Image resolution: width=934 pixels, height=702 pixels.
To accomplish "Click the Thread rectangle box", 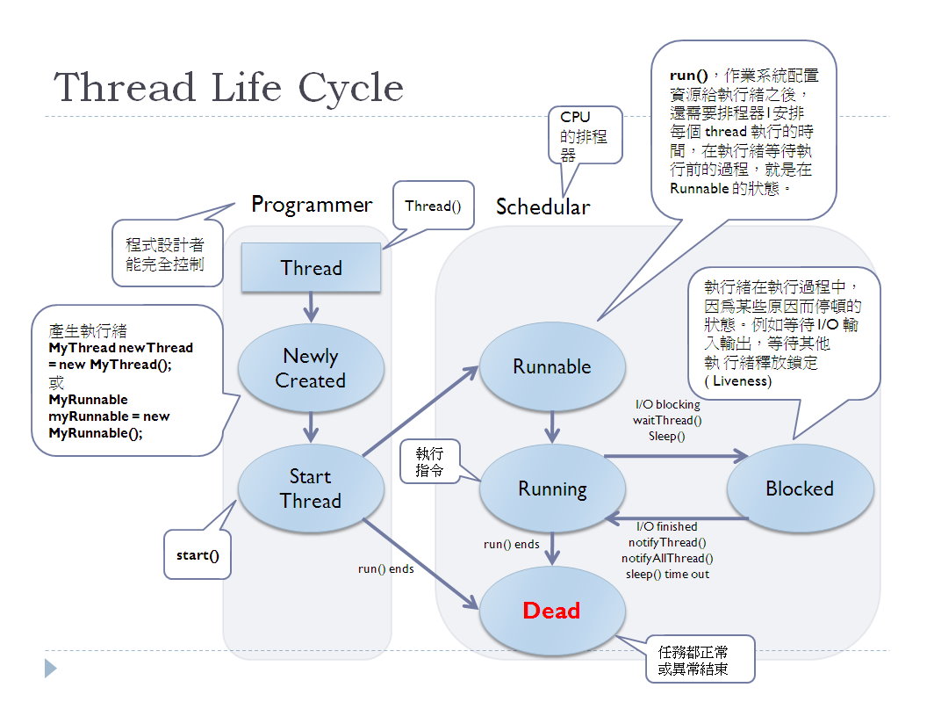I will (x=311, y=268).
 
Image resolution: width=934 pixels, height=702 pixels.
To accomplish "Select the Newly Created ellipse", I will (x=311, y=368).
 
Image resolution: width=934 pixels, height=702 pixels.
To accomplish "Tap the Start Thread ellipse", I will (x=311, y=489).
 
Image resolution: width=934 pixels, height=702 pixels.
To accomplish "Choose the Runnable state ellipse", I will (x=552, y=366).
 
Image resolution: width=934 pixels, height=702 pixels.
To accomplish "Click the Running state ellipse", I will (x=552, y=489).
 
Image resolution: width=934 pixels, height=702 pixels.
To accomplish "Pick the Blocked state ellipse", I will (x=800, y=489).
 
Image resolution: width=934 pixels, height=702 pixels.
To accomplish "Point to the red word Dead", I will (x=551, y=611).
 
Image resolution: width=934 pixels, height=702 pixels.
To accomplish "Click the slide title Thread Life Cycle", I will (x=229, y=87).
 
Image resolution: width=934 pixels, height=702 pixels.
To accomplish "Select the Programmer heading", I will (x=312, y=205).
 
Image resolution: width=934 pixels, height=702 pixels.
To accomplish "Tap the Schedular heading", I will (x=542, y=207).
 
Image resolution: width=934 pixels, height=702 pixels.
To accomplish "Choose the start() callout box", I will (x=198, y=555).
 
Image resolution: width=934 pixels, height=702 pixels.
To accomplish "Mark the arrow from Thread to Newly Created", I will (x=311, y=308).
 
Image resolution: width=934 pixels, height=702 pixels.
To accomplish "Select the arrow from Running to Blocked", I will (x=676, y=456).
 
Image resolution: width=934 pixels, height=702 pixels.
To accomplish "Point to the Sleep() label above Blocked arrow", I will (x=667, y=436).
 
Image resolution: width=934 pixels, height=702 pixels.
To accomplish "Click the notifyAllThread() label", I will (x=667, y=558).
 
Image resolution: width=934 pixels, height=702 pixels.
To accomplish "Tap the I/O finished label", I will (x=667, y=527).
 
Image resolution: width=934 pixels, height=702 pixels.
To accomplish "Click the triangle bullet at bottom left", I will (x=50, y=668).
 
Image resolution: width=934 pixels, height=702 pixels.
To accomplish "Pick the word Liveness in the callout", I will (x=741, y=380).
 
